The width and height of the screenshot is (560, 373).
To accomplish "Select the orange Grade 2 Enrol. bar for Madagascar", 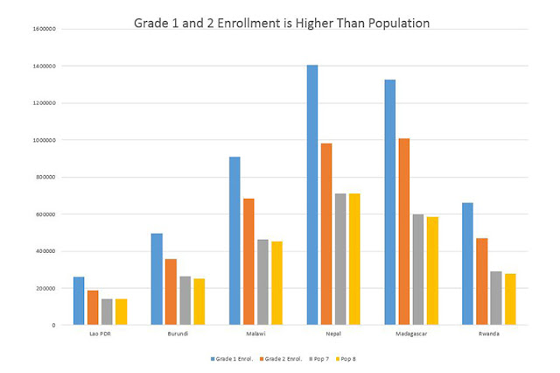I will (404, 231).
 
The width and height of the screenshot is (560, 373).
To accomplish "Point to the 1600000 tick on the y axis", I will (45, 29).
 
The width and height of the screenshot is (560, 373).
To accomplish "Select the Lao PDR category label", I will (100, 334).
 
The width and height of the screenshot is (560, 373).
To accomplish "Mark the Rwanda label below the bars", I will (489, 334).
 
